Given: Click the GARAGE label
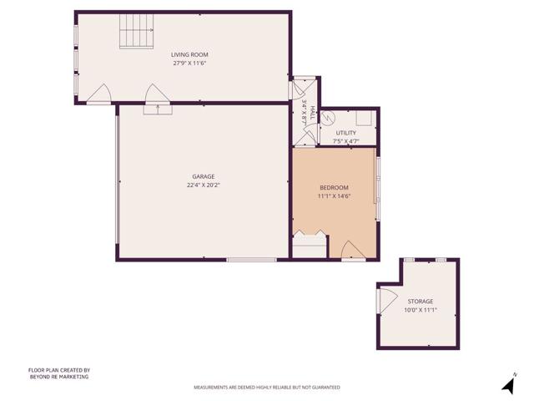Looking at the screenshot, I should [x=204, y=176].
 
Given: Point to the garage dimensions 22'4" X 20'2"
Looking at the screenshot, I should [x=204, y=185].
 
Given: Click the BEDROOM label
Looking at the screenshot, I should [x=334, y=187].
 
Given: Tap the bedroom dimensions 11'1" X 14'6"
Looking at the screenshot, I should [x=334, y=196].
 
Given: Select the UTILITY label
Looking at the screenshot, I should [x=345, y=133].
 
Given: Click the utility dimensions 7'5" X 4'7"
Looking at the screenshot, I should [x=345, y=141].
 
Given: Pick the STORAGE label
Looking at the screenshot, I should [x=421, y=301].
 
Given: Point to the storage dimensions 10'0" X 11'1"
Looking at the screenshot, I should [x=421, y=309].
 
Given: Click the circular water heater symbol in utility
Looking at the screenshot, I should [x=331, y=118].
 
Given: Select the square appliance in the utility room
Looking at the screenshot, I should [x=364, y=118].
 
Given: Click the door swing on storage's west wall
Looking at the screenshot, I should [x=385, y=298].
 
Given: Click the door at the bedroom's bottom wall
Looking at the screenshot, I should [x=351, y=249].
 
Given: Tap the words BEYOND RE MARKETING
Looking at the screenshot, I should [x=59, y=377].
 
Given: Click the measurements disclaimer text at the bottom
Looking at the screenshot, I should [x=266, y=388].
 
